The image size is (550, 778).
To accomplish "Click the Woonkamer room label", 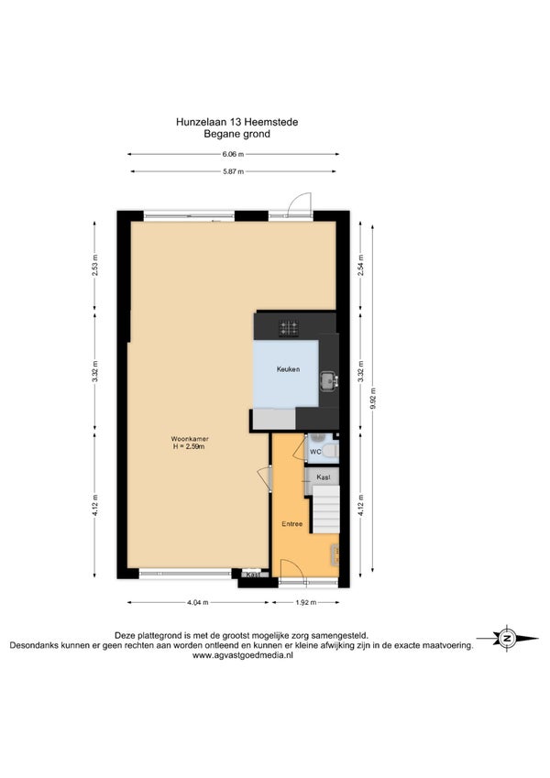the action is [190, 439].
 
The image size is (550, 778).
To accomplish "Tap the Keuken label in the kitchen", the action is [288, 369].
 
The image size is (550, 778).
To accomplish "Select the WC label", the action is [315, 452].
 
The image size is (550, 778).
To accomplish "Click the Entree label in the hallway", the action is [291, 524].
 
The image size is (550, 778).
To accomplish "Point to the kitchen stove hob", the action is [289, 328].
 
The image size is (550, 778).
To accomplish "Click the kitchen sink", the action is [328, 380].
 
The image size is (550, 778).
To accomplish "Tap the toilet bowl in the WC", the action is [331, 451].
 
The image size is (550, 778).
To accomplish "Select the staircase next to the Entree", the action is [325, 510].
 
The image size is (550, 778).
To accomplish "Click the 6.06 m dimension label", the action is [233, 154].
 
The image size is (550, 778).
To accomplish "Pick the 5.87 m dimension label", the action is [233, 171].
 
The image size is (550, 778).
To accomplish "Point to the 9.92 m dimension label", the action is [373, 398].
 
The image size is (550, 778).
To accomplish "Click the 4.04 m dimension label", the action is [198, 602].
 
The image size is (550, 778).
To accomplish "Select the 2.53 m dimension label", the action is [94, 265].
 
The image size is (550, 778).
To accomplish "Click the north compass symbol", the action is [507, 639].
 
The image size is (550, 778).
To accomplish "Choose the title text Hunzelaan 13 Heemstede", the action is [236, 122].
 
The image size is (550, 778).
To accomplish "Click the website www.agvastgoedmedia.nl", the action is [243, 655].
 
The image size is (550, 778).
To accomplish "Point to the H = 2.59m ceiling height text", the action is [189, 446].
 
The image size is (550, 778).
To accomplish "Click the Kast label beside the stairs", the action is [324, 477].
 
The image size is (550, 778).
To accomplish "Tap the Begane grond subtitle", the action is [236, 134].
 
